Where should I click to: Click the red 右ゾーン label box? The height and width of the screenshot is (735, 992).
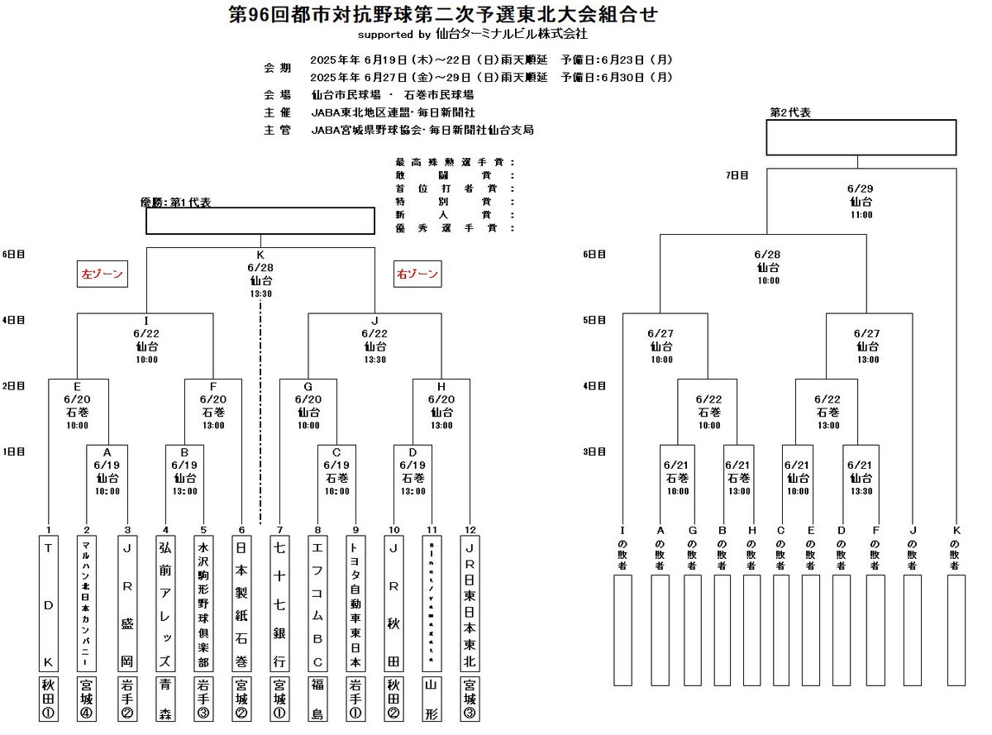point(417,274)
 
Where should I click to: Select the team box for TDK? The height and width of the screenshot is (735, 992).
point(50,604)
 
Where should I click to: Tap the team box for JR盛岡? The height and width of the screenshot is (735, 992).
point(126,604)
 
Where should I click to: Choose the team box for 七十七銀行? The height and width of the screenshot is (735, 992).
point(279,604)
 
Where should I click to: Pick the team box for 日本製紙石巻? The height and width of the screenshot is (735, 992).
point(241,604)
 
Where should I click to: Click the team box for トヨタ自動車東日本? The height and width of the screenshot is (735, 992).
point(355,604)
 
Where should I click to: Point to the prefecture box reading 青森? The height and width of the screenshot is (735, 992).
point(164,699)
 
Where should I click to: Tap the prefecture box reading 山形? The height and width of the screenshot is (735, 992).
point(431,699)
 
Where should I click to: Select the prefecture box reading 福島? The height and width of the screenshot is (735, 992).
point(317,699)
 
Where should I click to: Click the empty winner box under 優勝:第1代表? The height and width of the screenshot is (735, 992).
point(260,221)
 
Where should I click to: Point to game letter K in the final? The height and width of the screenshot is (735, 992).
point(260,255)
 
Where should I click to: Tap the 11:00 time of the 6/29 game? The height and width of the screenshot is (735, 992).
point(861,215)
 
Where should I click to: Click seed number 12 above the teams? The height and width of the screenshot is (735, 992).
point(469,529)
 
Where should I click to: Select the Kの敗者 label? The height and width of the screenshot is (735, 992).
point(956,550)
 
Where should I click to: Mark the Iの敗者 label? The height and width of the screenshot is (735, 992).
point(623,550)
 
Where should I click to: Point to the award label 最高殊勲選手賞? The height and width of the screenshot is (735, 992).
point(455,162)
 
